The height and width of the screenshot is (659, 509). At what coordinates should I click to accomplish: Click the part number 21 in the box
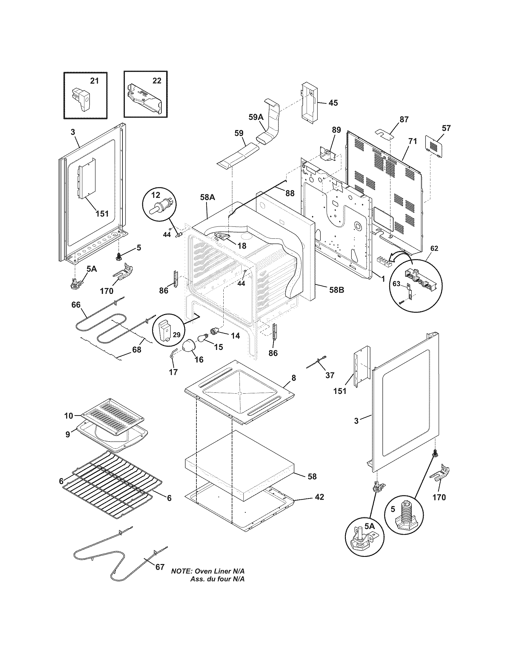pyautogui.click(x=94, y=81)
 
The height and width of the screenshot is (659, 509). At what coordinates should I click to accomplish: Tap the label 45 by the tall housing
pyautogui.click(x=333, y=103)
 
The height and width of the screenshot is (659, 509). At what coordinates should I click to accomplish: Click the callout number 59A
pyautogui.click(x=256, y=117)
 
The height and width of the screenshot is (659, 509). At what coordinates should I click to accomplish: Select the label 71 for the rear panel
pyautogui.click(x=413, y=141)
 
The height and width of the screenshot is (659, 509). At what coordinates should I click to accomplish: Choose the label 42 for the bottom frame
pyautogui.click(x=319, y=496)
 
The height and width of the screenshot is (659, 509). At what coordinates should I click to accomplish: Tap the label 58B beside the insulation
pyautogui.click(x=337, y=290)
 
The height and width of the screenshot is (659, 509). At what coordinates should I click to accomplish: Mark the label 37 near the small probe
pyautogui.click(x=330, y=375)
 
